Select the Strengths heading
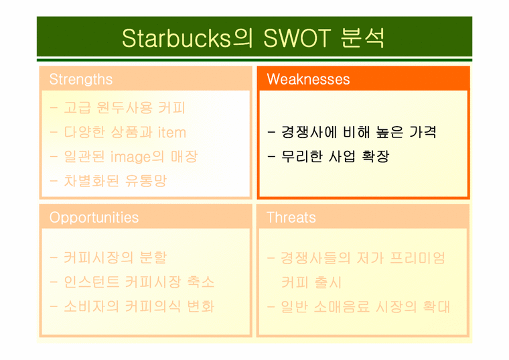(81, 79)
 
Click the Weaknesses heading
(308, 79)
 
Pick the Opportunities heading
(94, 217)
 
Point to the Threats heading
(291, 217)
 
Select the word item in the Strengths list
(172, 132)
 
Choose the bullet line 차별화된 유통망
(108, 180)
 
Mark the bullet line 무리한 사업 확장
(328, 157)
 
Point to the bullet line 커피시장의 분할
(108, 257)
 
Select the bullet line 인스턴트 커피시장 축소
(132, 282)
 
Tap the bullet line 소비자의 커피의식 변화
(132, 306)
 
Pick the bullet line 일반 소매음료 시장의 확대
(358, 306)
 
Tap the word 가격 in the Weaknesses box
(422, 132)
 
